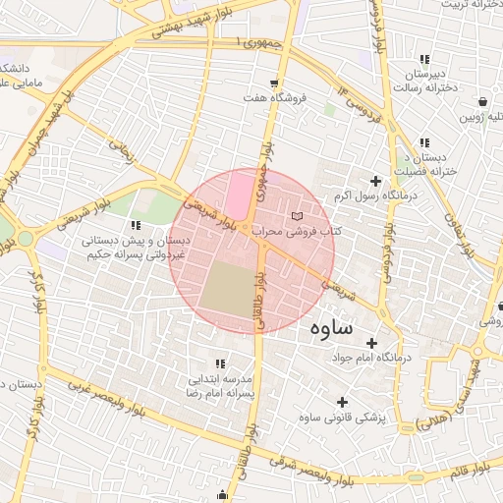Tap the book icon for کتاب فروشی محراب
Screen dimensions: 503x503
(x=299, y=215)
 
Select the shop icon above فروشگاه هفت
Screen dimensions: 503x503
(x=274, y=83)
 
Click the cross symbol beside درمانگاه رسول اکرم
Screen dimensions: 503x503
(x=374, y=181)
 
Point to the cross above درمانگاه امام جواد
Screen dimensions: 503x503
(x=371, y=343)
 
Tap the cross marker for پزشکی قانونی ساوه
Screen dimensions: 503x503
(x=342, y=402)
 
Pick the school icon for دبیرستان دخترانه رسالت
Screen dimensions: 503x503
(x=423, y=59)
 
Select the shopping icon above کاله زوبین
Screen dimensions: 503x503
(x=483, y=101)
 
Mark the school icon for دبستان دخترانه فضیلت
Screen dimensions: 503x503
(x=423, y=142)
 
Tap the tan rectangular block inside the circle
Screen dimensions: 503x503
(x=229, y=290)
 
